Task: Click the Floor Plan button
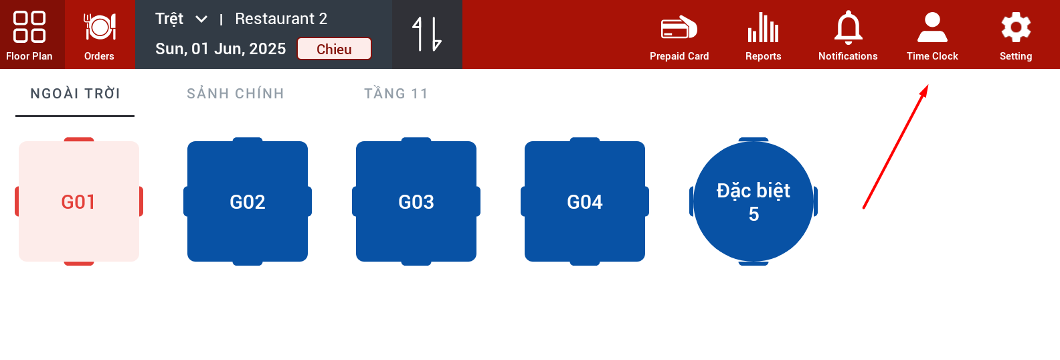tap(29, 35)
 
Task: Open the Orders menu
tap(99, 35)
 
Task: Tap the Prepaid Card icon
tap(679, 27)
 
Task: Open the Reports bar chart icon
tap(764, 27)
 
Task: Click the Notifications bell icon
tap(848, 27)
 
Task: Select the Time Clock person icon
tap(932, 27)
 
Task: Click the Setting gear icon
tap(1016, 27)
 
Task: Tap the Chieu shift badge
tap(334, 49)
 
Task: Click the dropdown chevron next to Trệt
tap(201, 19)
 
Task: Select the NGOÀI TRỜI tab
tap(75, 94)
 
